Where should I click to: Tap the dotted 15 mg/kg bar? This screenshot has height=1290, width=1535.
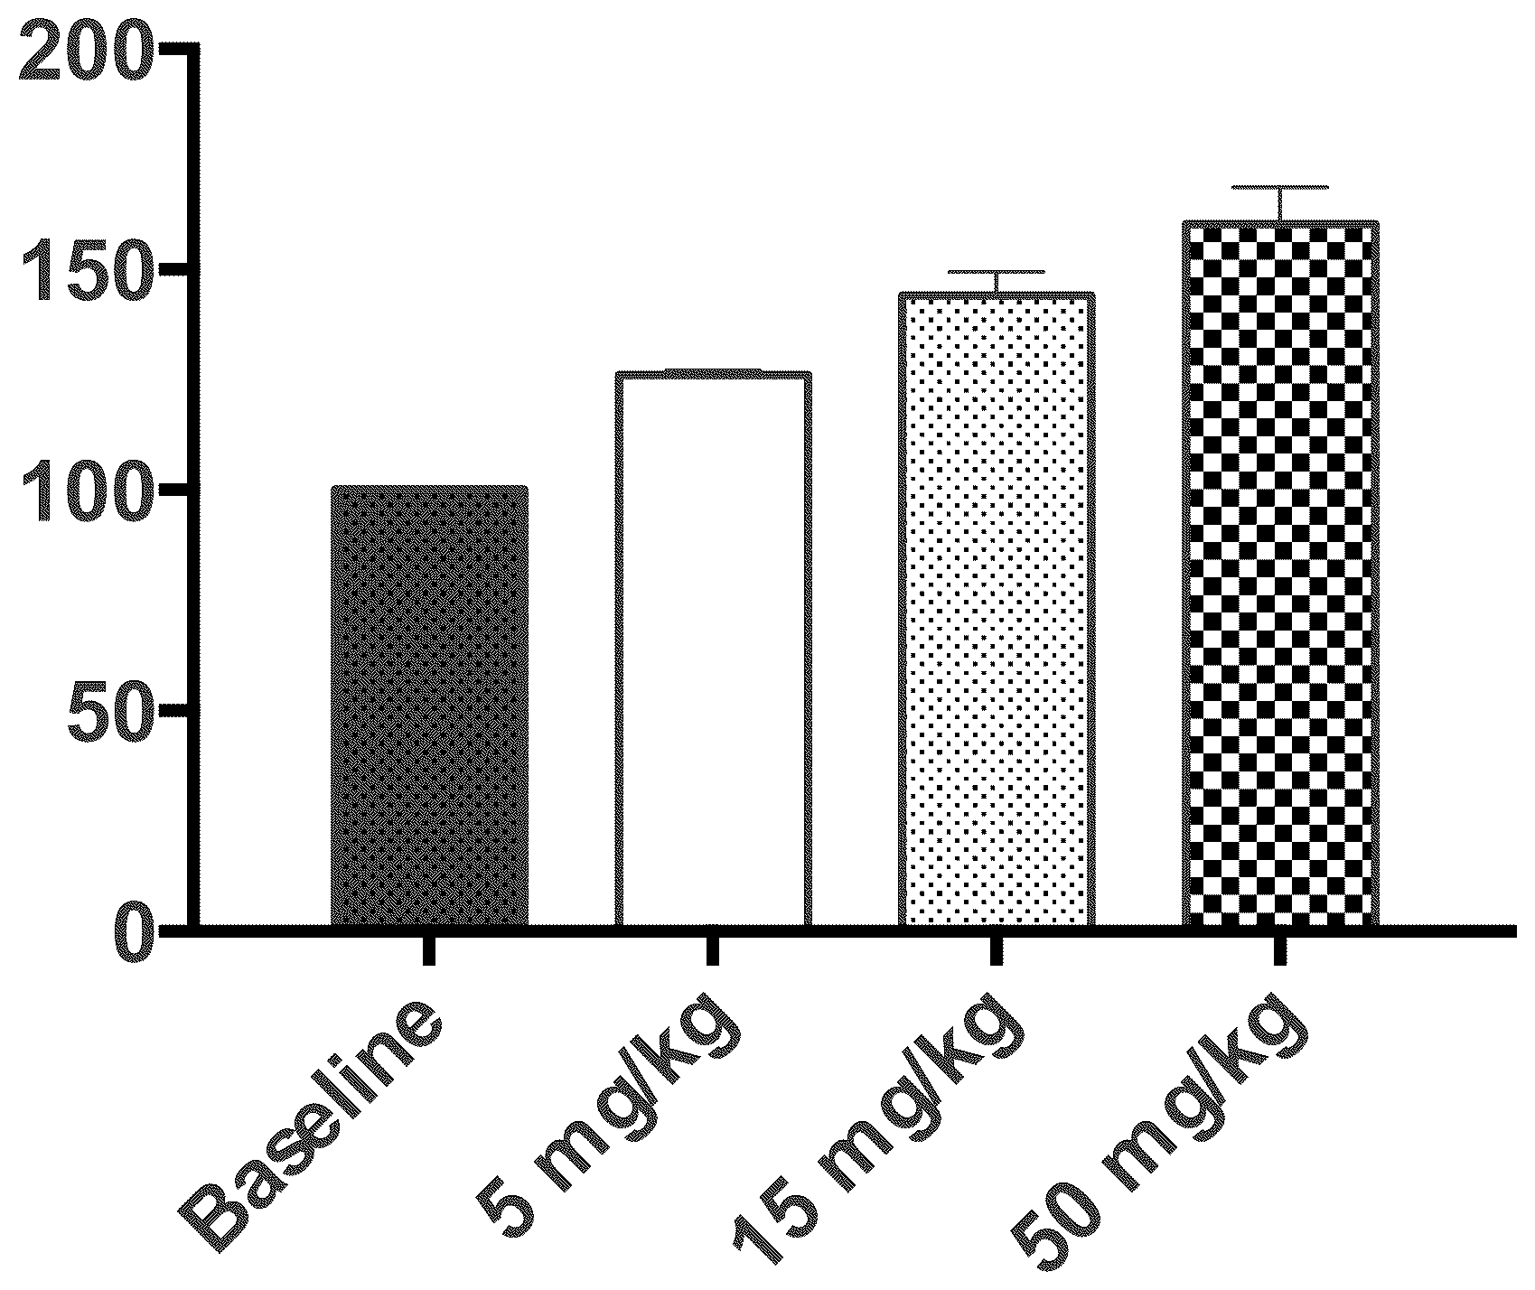pos(997,610)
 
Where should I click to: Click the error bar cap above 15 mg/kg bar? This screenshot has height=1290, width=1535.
pos(997,272)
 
